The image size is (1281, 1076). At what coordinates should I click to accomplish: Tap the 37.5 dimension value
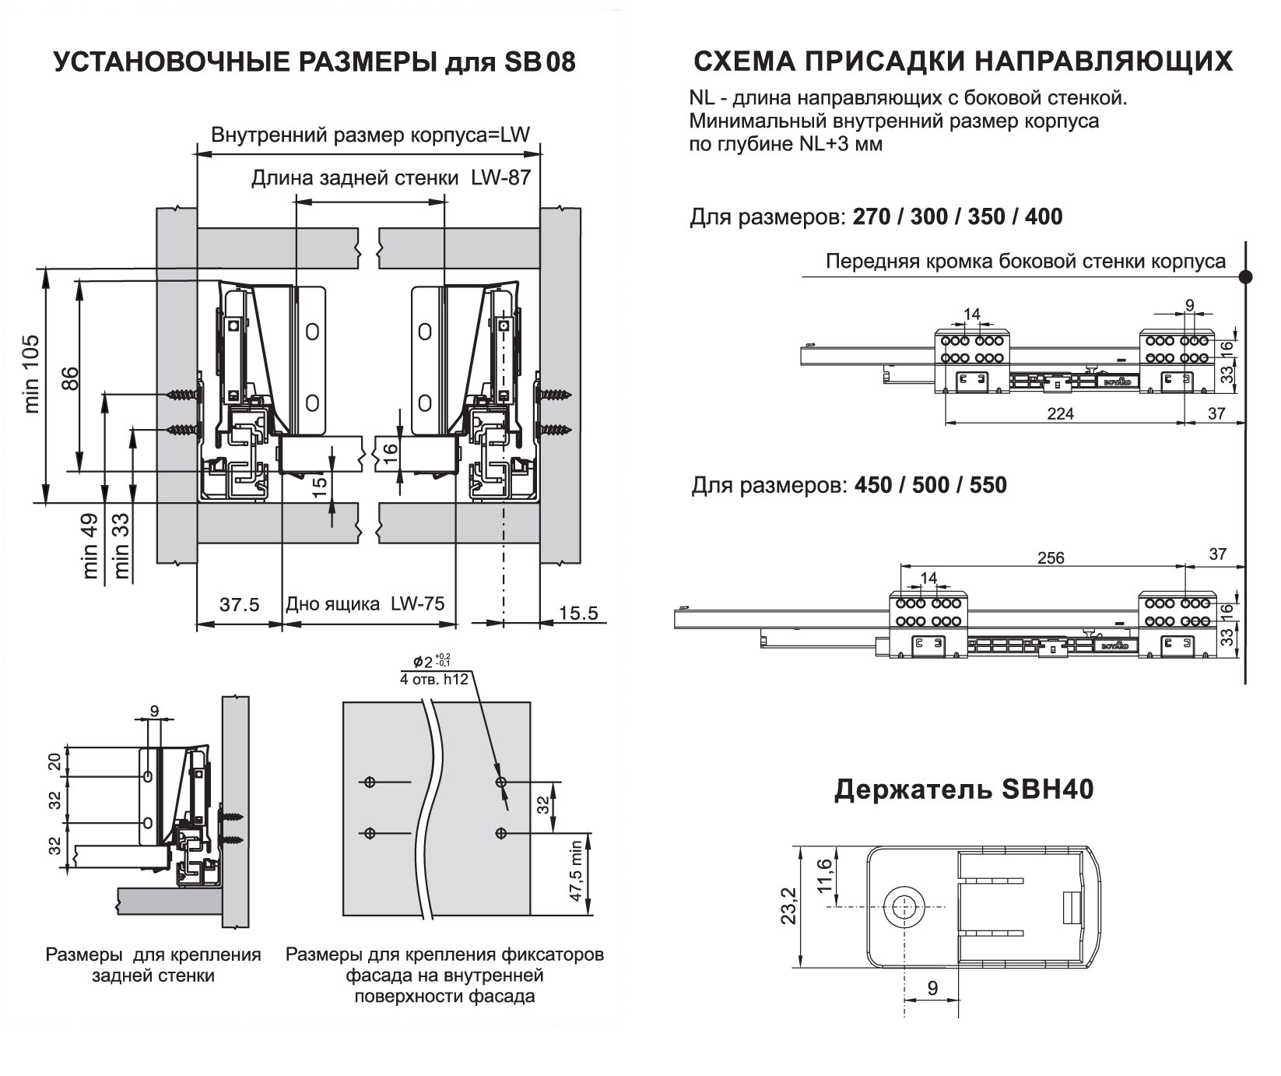[238, 605]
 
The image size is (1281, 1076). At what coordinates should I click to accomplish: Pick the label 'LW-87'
[500, 178]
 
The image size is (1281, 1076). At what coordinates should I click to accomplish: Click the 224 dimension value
[1059, 413]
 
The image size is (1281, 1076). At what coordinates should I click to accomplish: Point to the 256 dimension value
[1051, 557]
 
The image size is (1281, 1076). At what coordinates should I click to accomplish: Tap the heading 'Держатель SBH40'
[964, 789]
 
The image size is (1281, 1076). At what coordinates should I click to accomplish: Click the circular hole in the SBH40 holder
[904, 907]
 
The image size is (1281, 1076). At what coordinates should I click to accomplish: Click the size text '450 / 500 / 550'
[930, 485]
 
